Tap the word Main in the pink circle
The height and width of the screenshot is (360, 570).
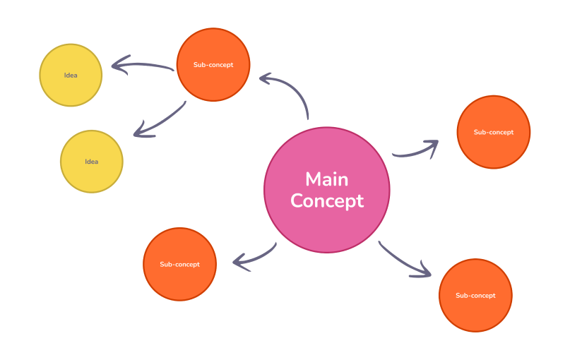(x=326, y=179)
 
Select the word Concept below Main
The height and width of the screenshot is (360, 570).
(x=326, y=201)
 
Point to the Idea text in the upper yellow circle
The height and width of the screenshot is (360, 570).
(x=71, y=76)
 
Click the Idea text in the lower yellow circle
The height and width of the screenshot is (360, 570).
(x=92, y=162)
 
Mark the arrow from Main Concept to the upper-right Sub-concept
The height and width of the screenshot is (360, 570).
(x=415, y=150)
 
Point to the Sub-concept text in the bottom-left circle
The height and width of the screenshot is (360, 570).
(x=179, y=265)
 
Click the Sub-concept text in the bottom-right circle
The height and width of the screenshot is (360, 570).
(x=475, y=296)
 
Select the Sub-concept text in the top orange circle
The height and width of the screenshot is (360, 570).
(x=213, y=65)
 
